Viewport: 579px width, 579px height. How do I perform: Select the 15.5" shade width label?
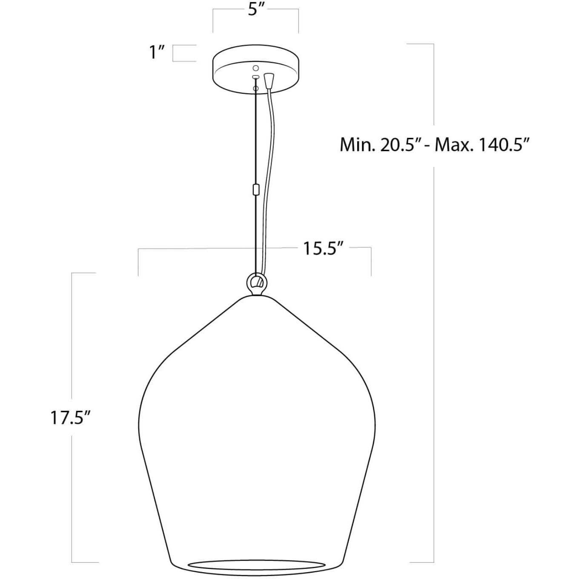pyautogui.click(x=323, y=248)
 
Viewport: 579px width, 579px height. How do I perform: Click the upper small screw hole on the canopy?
pyautogui.click(x=256, y=68)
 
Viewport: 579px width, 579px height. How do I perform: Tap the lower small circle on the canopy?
pyautogui.click(x=255, y=88)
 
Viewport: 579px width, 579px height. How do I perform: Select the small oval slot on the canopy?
pyautogui.click(x=255, y=77)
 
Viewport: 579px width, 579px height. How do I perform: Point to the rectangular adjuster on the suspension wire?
pyautogui.click(x=255, y=189)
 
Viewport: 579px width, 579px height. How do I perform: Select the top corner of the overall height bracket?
pyautogui.click(x=433, y=44)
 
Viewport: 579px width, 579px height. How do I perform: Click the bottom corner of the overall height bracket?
pyautogui.click(x=433, y=562)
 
